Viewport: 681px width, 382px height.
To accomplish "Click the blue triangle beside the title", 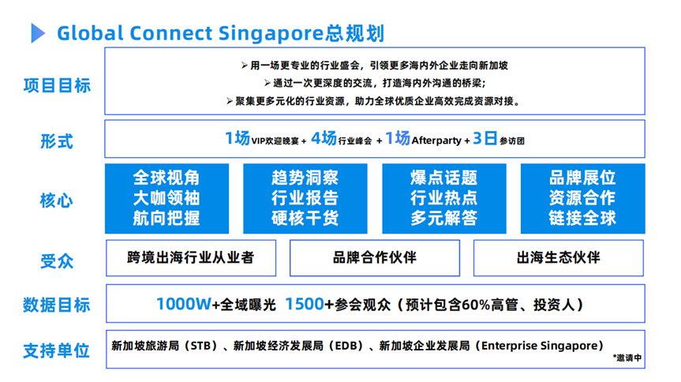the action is coord(37,33).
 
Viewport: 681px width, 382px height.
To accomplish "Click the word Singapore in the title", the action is coord(271,33).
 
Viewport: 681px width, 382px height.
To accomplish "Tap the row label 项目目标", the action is coord(57,85).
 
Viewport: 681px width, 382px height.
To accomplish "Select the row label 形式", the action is coord(57,141).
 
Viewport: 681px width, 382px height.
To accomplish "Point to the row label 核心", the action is coord(57,200).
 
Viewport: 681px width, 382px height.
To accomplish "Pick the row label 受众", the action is coord(57,261).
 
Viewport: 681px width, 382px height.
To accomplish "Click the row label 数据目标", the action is coord(57,305).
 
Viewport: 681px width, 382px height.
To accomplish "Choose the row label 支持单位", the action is coord(57,350).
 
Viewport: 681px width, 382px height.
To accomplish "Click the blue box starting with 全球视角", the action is coord(167,199).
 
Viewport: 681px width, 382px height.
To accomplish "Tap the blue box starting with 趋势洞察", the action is coord(305,199).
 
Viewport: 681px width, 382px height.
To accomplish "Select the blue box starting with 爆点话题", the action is coord(444,199).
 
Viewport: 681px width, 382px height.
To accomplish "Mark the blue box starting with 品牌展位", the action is coord(583,199).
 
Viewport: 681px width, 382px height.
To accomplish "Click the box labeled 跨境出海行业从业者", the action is coord(191,258).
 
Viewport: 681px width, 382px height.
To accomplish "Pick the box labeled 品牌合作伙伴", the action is coord(375,258).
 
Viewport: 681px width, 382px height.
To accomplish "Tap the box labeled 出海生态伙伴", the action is coord(559,258).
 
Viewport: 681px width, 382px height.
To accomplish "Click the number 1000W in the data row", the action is coord(184,304).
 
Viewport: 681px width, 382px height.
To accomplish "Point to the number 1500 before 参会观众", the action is coord(305,304).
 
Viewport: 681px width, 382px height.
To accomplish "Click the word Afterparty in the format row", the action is coord(436,140).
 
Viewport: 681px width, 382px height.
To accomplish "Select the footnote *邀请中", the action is coord(627,358).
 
